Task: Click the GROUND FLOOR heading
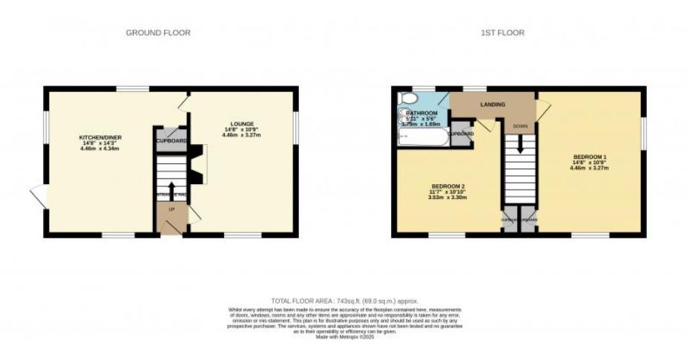(x=158, y=33)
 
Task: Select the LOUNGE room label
(x=242, y=123)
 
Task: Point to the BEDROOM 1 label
(x=590, y=157)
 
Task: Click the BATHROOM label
(x=422, y=112)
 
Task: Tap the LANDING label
(x=493, y=105)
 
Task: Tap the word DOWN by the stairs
(x=520, y=126)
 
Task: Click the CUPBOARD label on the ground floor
(x=171, y=140)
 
